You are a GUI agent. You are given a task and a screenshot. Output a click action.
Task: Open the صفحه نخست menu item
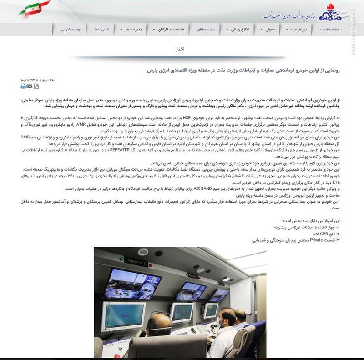[341, 29]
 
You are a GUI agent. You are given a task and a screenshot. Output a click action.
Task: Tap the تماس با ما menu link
[103, 29]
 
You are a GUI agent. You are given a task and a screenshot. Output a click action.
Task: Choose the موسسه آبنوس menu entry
[73, 29]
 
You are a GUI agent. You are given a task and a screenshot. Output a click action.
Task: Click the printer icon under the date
[23, 86]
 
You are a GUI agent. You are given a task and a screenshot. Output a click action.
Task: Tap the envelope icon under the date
[30, 86]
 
